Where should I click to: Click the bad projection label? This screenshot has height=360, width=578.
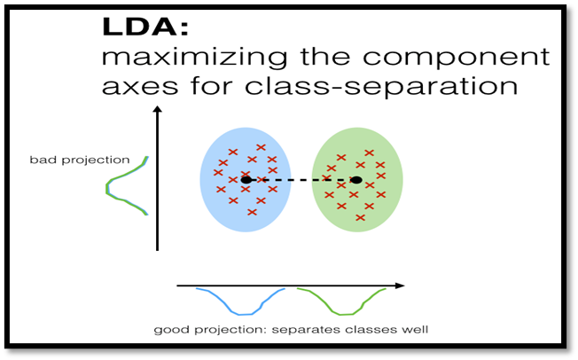click(x=79, y=160)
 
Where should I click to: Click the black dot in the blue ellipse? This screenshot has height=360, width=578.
click(x=246, y=180)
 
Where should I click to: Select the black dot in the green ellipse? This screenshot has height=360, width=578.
click(x=355, y=180)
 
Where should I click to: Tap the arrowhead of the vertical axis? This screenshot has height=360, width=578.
click(x=156, y=111)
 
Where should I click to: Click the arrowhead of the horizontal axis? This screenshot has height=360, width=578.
click(x=400, y=286)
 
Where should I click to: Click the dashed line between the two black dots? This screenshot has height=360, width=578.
click(x=301, y=180)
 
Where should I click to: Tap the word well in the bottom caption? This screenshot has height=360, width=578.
click(x=415, y=330)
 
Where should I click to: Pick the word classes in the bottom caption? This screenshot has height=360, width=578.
click(x=367, y=330)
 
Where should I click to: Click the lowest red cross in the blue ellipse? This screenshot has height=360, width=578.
click(x=252, y=212)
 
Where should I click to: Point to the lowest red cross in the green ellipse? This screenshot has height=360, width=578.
click(x=360, y=217)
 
